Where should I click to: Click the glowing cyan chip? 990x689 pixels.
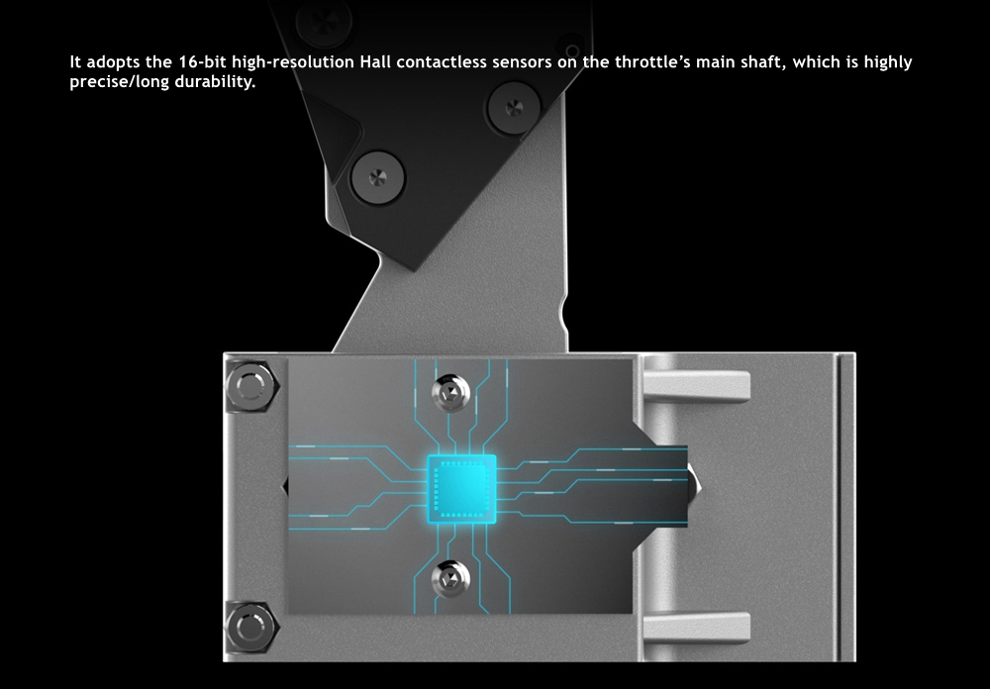tap(461, 489)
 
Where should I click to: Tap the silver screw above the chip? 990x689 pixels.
tap(450, 393)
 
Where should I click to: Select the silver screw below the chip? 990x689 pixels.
tap(450, 579)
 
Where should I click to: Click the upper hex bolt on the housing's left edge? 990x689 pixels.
tap(250, 386)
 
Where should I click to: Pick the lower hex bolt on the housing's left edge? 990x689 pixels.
tap(250, 627)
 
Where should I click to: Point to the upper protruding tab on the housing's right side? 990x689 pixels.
tap(696, 386)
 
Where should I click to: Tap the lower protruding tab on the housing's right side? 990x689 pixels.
tap(696, 627)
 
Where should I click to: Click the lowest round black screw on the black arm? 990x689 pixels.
tap(377, 177)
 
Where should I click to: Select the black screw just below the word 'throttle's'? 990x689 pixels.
tap(514, 107)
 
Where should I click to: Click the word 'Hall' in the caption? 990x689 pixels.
tap(375, 62)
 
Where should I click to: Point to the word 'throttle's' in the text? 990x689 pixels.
tap(652, 62)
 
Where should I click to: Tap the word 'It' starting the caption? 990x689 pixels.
tap(75, 62)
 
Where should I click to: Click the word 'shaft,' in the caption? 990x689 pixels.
tap(767, 62)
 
